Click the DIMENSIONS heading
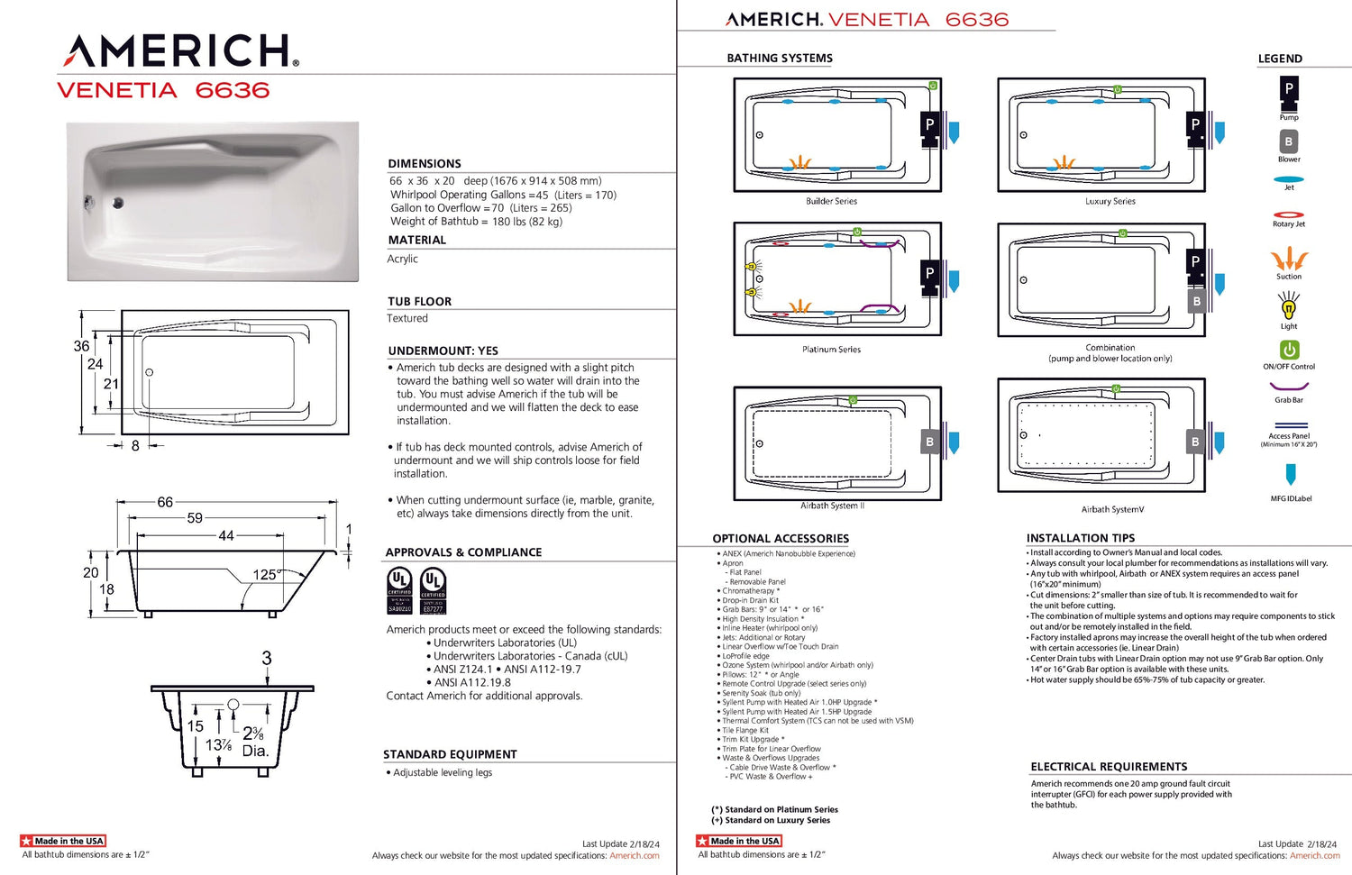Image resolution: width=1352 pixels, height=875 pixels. [425, 164]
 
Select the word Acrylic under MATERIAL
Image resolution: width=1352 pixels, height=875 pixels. [403, 259]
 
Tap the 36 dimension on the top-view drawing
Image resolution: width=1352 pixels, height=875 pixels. [81, 346]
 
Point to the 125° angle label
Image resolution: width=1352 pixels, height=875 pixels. [266, 574]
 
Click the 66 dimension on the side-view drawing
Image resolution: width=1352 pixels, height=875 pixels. [165, 502]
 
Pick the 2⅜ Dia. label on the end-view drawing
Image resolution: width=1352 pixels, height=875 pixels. [254, 742]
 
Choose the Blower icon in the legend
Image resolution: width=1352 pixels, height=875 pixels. [1289, 142]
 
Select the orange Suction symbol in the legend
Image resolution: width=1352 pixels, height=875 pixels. [1289, 260]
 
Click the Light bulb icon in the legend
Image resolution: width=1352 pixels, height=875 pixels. [1289, 307]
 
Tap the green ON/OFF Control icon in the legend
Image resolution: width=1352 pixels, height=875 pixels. [1289, 350]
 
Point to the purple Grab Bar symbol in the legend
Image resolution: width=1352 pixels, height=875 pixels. [1289, 387]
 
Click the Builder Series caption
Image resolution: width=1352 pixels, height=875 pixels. [831, 202]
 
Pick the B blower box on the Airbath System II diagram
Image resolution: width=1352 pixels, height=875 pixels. [929, 442]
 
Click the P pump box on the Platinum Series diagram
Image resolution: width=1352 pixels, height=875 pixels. [929, 273]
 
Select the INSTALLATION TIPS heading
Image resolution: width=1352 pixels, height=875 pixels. [1081, 538]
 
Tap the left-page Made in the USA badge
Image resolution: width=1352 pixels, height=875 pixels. [63, 841]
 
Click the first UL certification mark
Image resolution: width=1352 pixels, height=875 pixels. [399, 590]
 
